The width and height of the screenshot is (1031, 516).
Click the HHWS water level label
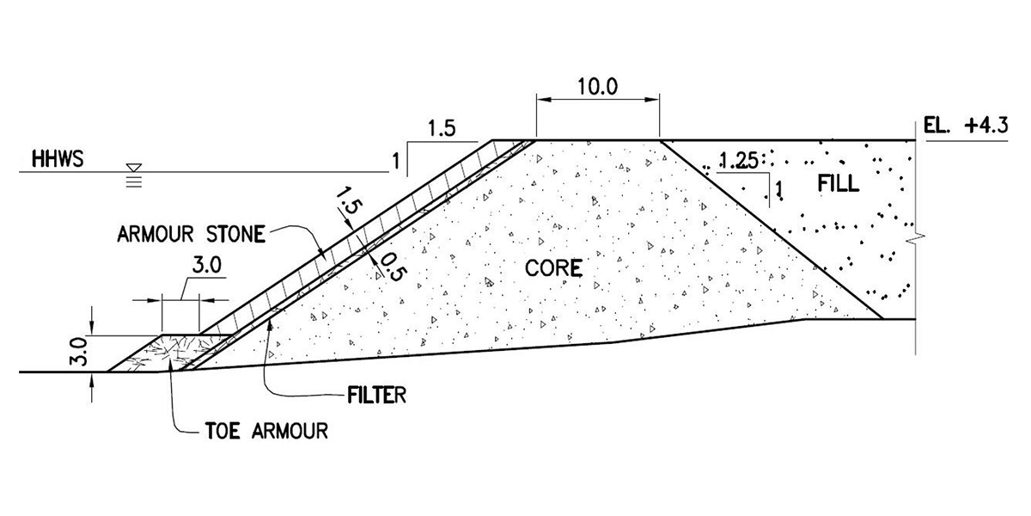(x=57, y=160)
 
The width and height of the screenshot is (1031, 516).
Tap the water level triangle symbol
(x=134, y=169)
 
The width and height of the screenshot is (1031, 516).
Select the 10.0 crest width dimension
(x=598, y=87)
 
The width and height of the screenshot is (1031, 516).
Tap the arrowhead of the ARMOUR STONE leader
(x=322, y=255)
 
